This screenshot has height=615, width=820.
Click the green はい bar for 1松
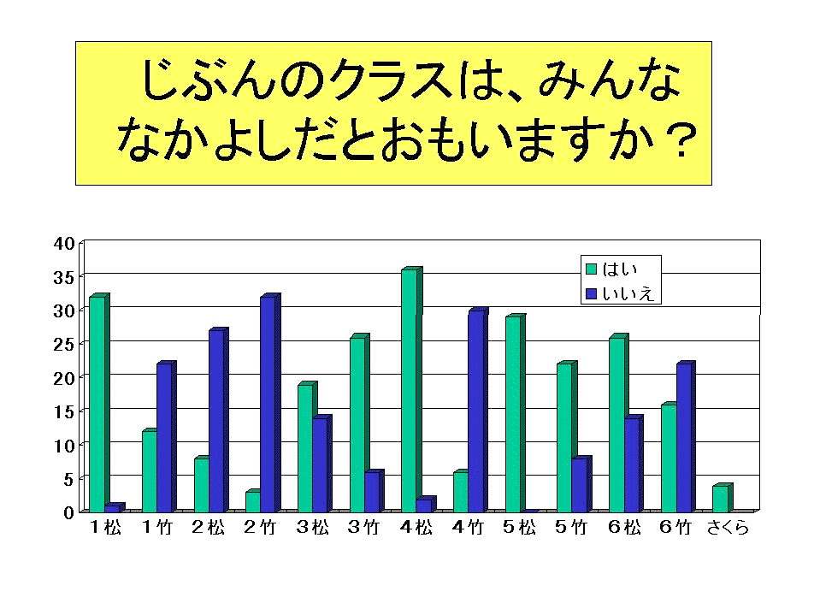[x=97, y=404]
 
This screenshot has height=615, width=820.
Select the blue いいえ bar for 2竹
[x=268, y=404]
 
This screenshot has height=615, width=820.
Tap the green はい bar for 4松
[x=409, y=390]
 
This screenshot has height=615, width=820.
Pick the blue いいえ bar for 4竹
[x=475, y=411]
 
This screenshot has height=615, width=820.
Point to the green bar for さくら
[x=720, y=499]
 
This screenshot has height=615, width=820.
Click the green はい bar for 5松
[x=513, y=414]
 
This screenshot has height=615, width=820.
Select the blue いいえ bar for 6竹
[x=683, y=437]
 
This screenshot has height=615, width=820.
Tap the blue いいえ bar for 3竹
[x=372, y=492]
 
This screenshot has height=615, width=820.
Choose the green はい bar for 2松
[x=201, y=485]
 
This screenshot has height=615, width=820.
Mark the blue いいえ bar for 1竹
[x=163, y=437]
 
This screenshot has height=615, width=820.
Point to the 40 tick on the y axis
[x=65, y=243]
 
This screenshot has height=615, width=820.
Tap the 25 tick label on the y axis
[x=65, y=344]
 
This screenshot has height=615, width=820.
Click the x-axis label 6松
[x=624, y=529]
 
